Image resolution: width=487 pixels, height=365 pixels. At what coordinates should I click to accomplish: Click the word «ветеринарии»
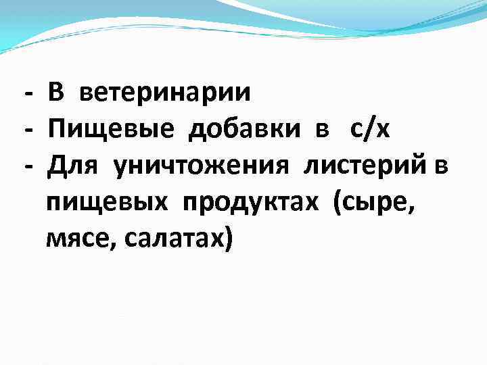165,93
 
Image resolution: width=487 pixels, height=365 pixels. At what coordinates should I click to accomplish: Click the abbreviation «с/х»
370,128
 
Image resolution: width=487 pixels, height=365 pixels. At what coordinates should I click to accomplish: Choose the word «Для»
74,166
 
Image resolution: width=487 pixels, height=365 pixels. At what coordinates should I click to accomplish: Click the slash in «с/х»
369,128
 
